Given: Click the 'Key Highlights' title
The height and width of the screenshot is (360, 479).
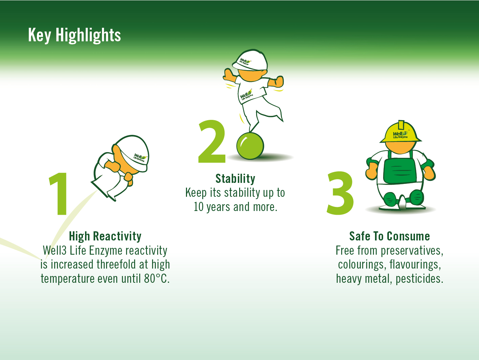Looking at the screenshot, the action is point(75,35).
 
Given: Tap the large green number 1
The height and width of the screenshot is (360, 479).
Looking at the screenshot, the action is point(59,194).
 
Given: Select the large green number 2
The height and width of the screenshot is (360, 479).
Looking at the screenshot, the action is point(212,141).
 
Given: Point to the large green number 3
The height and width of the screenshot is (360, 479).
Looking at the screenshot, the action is point(340,193).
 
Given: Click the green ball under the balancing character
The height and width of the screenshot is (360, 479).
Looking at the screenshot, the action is point(250,146).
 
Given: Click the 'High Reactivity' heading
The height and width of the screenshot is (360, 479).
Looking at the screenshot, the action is point(105,236).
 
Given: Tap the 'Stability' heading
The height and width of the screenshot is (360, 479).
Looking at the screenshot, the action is point(235,179).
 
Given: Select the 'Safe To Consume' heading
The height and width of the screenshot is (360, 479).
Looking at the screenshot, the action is point(390,236).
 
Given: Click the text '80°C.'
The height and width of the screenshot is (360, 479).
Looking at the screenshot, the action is point(157,279).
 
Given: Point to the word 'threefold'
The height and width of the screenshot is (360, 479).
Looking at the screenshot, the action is point(116,264).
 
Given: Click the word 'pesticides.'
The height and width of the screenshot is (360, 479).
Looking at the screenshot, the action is point(419,279).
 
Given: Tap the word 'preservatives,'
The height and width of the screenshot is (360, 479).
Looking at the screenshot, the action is point(412,251).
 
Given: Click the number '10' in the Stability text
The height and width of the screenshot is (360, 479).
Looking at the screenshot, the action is point(199,207).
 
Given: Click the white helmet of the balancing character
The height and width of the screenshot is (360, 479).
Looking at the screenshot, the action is point(250,60).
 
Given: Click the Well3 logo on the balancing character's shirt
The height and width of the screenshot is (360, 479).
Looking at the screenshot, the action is point(246,95).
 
